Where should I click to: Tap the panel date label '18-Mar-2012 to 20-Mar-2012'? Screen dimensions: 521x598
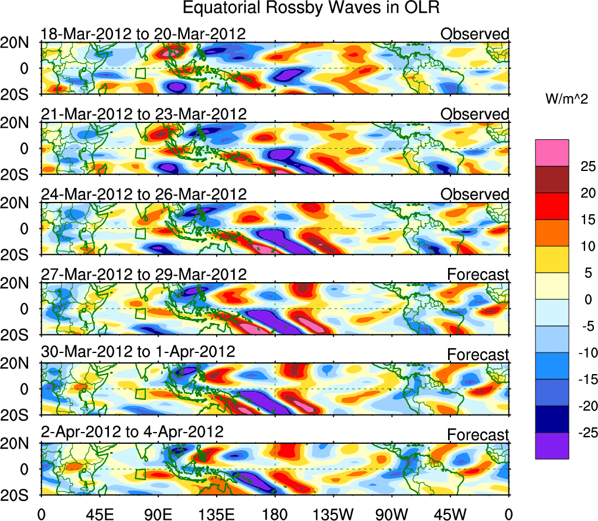click(x=143, y=34)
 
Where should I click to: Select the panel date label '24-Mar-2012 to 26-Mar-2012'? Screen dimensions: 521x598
click(x=143, y=194)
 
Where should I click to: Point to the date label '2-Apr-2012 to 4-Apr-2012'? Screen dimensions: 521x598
click(x=132, y=432)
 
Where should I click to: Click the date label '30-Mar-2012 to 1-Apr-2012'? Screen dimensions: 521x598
click(x=138, y=352)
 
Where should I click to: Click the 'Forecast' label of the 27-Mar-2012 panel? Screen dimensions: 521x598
click(x=478, y=274)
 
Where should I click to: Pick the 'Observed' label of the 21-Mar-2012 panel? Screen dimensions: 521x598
click(x=475, y=114)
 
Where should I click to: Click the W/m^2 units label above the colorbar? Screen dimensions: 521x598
click(x=566, y=100)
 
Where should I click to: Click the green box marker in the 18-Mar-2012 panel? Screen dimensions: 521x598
click(x=140, y=73)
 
